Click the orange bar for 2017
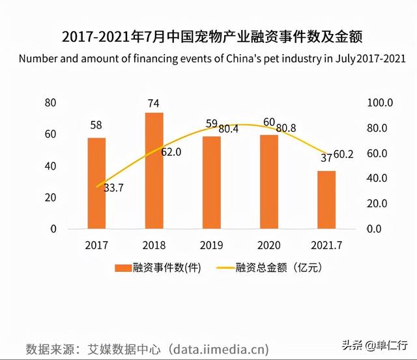tap(96, 183)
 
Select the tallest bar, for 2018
tap(154, 171)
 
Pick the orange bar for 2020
tap(268, 182)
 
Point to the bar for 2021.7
tap(326, 200)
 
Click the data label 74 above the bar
tap(154, 103)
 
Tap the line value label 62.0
tap(171, 152)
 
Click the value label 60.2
tap(343, 154)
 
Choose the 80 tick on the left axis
tap(50, 102)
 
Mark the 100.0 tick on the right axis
tap(380, 102)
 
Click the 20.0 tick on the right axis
tap(380, 204)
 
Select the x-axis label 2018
tap(154, 245)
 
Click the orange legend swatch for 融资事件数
tap(122, 267)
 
